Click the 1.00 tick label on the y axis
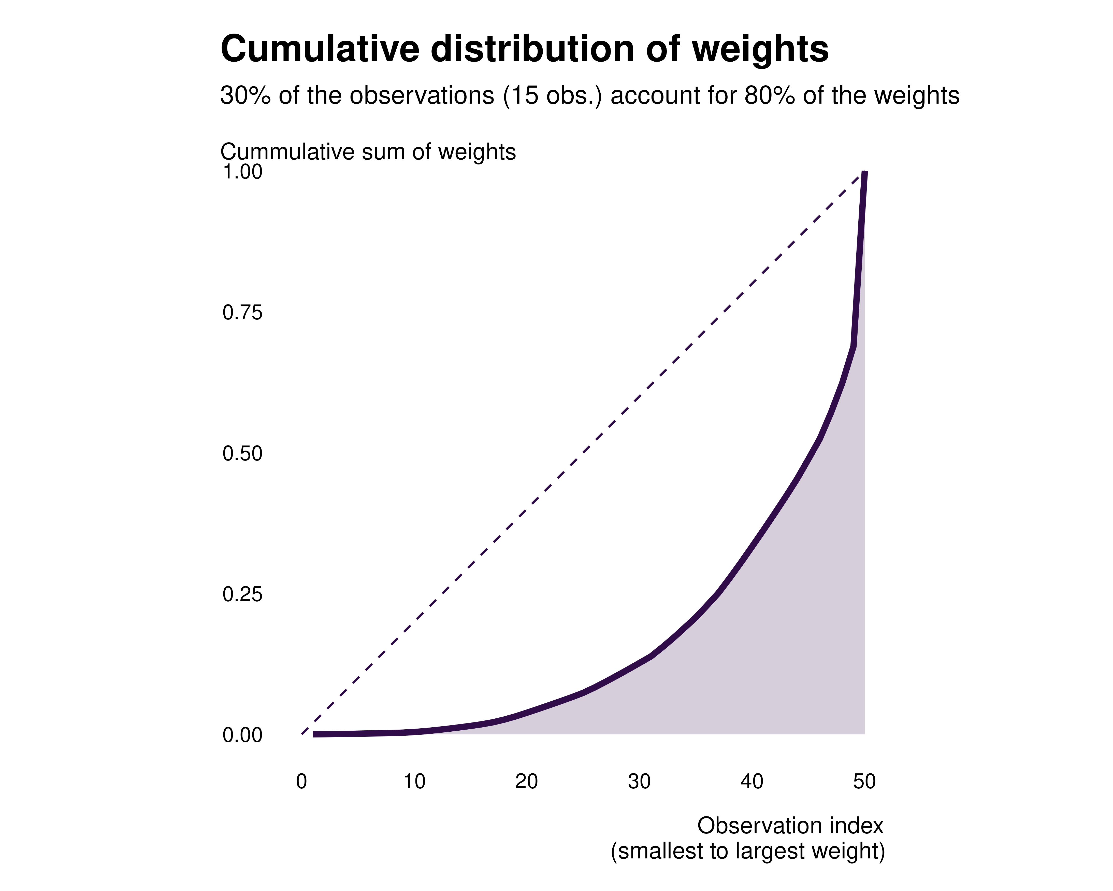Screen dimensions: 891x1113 tap(242, 172)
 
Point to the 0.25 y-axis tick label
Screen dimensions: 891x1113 tap(242, 594)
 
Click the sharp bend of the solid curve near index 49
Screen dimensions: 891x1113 tap(854, 346)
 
